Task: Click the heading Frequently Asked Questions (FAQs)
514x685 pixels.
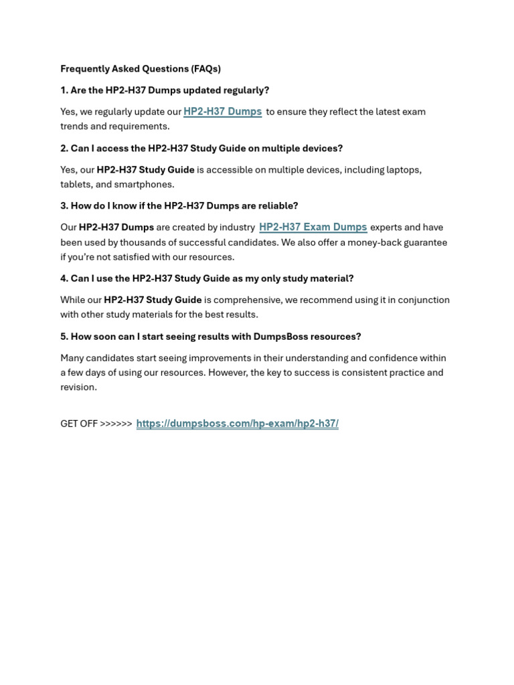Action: [x=141, y=69]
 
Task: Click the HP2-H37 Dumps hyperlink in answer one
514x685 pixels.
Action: [x=222, y=112]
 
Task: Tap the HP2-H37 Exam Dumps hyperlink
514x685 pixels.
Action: [x=313, y=227]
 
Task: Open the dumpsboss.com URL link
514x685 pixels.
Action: [x=237, y=423]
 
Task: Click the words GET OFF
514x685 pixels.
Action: [x=79, y=423]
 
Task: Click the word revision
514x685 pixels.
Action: [x=78, y=387]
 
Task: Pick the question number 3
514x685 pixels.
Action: [x=64, y=206]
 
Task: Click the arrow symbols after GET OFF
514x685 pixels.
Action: [x=116, y=423]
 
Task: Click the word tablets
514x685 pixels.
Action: [x=75, y=185]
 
